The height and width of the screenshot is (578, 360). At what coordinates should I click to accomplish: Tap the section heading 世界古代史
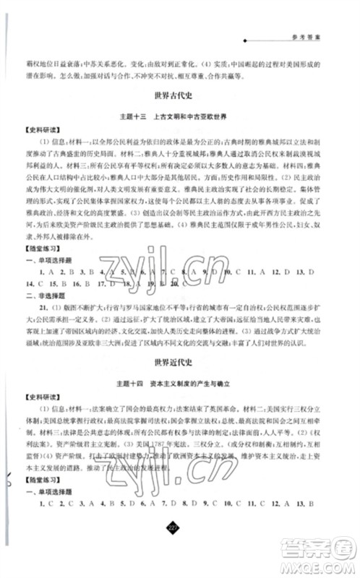(x=180, y=95)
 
